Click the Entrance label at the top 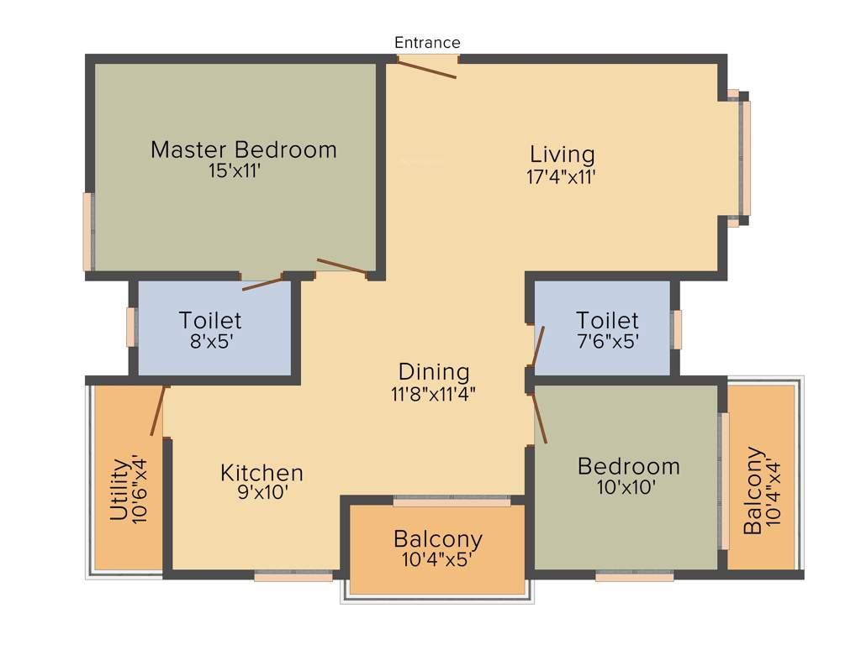[x=427, y=43]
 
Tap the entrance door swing [x=427, y=68]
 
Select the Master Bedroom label [x=243, y=150]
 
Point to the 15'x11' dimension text [x=240, y=171]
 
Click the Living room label [x=562, y=155]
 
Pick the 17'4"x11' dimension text [x=562, y=176]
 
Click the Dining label [x=434, y=371]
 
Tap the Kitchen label [x=261, y=473]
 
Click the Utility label [x=120, y=490]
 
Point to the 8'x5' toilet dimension [x=209, y=342]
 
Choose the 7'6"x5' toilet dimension [x=607, y=342]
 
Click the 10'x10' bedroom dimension [x=628, y=486]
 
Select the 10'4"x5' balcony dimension [x=438, y=559]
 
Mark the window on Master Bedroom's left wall [x=87, y=232]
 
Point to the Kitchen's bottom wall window [x=293, y=577]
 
